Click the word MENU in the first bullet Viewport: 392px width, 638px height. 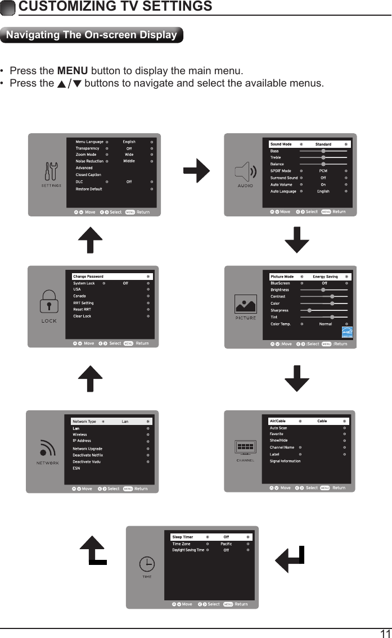coord(73,71)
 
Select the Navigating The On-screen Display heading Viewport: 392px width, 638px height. coord(91,35)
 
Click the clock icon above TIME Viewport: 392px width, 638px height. coord(146,563)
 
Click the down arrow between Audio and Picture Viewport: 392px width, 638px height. coord(297,241)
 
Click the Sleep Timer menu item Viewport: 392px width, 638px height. coord(183,537)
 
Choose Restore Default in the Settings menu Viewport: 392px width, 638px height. coord(89,189)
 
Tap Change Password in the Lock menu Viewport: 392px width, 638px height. coord(88,277)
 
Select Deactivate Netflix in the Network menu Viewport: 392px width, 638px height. coord(88,455)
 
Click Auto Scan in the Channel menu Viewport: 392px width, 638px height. coord(278,428)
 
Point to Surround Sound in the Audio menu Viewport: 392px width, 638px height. coord(284,178)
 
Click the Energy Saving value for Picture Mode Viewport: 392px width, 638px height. coord(325,277)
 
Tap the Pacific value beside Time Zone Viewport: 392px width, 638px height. coord(226,544)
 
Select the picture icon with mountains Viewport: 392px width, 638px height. coord(245,306)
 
